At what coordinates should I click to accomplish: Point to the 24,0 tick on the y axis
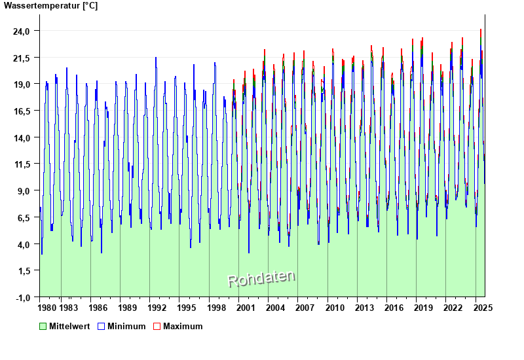pyautogui.click(x=23, y=31)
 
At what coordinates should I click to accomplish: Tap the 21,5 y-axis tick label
pyautogui.click(x=23, y=58)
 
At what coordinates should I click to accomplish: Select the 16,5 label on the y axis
pyautogui.click(x=23, y=111)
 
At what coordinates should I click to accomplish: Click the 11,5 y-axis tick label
pyautogui.click(x=23, y=164)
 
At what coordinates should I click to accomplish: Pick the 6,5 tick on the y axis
pyautogui.click(x=23, y=217)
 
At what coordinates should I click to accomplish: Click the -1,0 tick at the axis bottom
pyautogui.click(x=23, y=297)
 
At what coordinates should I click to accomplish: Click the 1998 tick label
pyautogui.click(x=216, y=307)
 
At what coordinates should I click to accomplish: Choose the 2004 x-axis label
pyautogui.click(x=275, y=307)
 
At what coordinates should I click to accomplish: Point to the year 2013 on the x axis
pyautogui.click(x=365, y=307)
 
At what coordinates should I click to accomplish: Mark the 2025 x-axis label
pyautogui.click(x=483, y=307)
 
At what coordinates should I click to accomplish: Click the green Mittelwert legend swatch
pyautogui.click(x=43, y=326)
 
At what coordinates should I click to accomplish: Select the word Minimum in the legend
pyautogui.click(x=126, y=326)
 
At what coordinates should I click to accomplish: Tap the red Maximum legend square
pyautogui.click(x=157, y=326)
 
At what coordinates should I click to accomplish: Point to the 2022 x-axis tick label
pyautogui.click(x=453, y=307)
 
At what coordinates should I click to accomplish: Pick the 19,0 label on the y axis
pyautogui.click(x=23, y=84)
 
